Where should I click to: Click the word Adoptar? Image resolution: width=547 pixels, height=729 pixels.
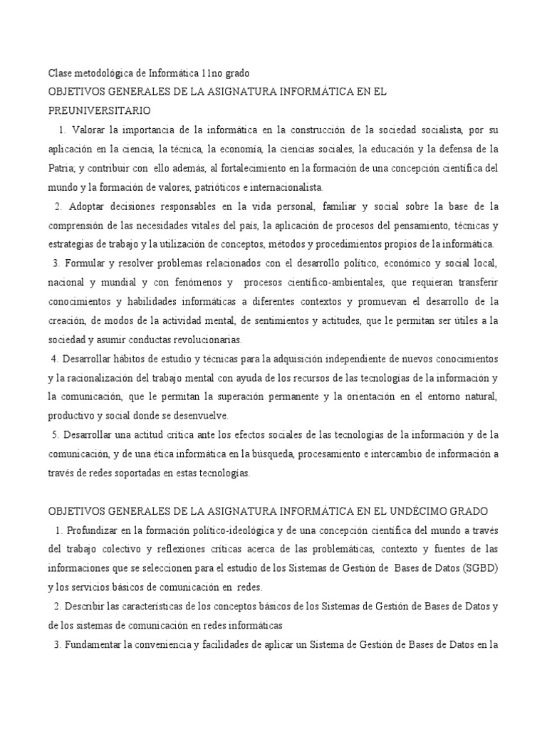click(87, 206)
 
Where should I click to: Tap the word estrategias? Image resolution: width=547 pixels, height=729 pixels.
click(69, 245)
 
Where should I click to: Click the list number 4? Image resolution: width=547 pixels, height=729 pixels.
click(53, 358)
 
